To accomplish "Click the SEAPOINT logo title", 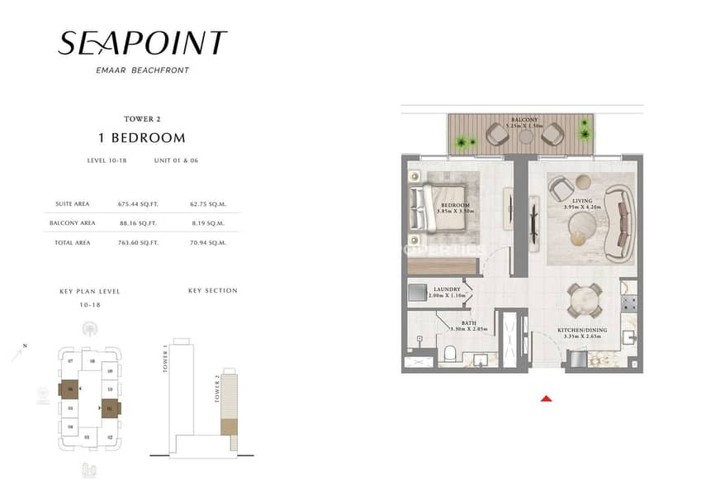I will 142,43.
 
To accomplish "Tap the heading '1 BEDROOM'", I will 142,138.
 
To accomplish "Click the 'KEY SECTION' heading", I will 212,291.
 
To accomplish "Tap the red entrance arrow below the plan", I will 545,398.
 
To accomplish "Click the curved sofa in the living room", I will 618,222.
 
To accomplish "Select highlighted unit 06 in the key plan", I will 70,390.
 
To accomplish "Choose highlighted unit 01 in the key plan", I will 111,407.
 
